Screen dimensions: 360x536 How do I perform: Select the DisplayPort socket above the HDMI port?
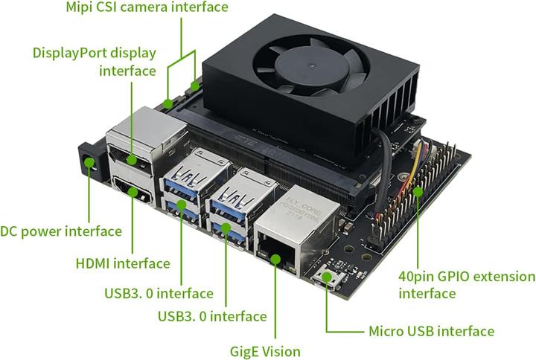click(133, 158)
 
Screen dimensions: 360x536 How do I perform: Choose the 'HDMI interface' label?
click(123, 263)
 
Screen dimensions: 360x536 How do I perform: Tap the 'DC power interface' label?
click(61, 231)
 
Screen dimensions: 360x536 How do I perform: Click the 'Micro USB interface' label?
click(432, 331)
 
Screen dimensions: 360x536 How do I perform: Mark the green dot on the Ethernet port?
click(275, 258)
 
